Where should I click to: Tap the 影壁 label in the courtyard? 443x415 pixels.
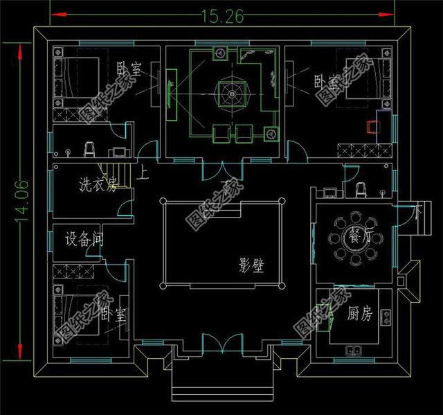(x=251, y=266)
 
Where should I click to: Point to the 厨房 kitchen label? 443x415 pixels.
(x=359, y=315)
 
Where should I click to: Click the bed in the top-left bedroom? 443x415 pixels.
(x=75, y=77)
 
